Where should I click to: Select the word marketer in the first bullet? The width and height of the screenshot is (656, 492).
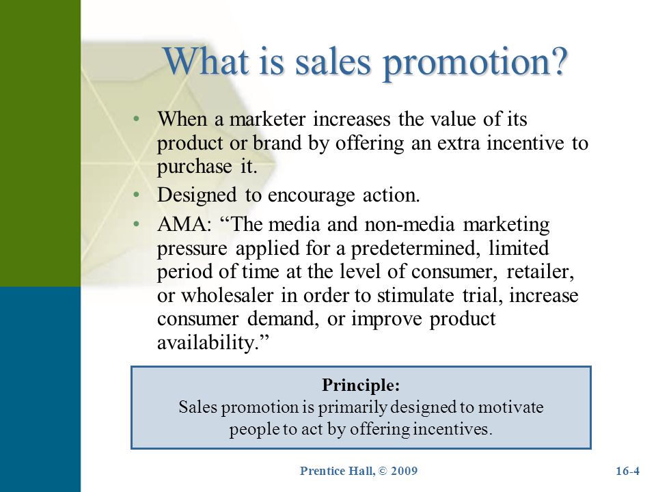coord(268,119)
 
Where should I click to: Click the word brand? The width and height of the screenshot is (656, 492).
coord(277,143)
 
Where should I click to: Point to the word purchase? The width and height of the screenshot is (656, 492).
coord(195,167)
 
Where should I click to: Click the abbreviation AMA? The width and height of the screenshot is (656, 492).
coord(184,224)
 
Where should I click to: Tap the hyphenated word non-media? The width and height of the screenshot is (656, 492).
coord(409,225)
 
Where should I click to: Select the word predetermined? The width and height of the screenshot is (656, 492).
coord(415,249)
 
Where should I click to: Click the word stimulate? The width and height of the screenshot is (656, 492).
coord(415,295)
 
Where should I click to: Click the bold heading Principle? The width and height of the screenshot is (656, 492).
coord(361,385)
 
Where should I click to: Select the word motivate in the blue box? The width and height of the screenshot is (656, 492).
coord(510,407)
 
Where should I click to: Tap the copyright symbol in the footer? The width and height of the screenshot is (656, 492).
coord(383,471)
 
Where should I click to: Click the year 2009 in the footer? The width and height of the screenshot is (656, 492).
coord(404,471)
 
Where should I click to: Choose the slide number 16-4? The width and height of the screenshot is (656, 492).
coord(627,471)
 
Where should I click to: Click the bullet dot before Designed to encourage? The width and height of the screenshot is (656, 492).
coord(135,195)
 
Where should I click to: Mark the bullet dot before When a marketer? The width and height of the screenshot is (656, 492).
coord(135,119)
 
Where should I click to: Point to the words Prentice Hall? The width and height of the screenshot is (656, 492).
coord(337,471)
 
